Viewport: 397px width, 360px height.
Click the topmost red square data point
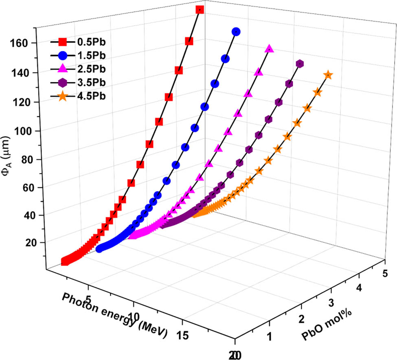[x=200, y=9]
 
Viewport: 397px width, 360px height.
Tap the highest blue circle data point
[x=236, y=32]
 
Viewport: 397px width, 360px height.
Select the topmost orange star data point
[x=328, y=75]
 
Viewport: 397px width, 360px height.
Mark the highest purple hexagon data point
[x=300, y=64]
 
